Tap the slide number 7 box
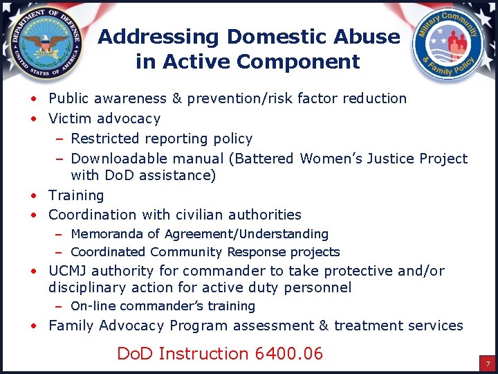pos(487,364)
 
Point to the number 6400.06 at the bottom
pos(288,354)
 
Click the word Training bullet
pos(76,195)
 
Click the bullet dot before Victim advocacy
pos(33,119)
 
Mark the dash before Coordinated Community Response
pos(60,252)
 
